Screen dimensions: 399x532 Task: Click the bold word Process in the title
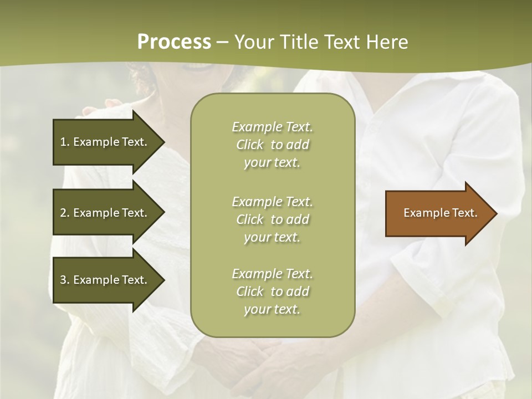coord(174,42)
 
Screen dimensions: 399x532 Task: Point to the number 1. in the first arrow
coord(65,142)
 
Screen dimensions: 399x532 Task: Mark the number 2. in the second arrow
coord(65,213)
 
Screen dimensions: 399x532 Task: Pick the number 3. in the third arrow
coord(65,280)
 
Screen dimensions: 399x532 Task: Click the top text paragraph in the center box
coord(272,145)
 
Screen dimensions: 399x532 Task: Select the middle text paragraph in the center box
coord(272,219)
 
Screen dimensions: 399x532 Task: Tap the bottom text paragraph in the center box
coord(272,291)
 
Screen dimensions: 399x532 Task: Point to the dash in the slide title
coord(223,43)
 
